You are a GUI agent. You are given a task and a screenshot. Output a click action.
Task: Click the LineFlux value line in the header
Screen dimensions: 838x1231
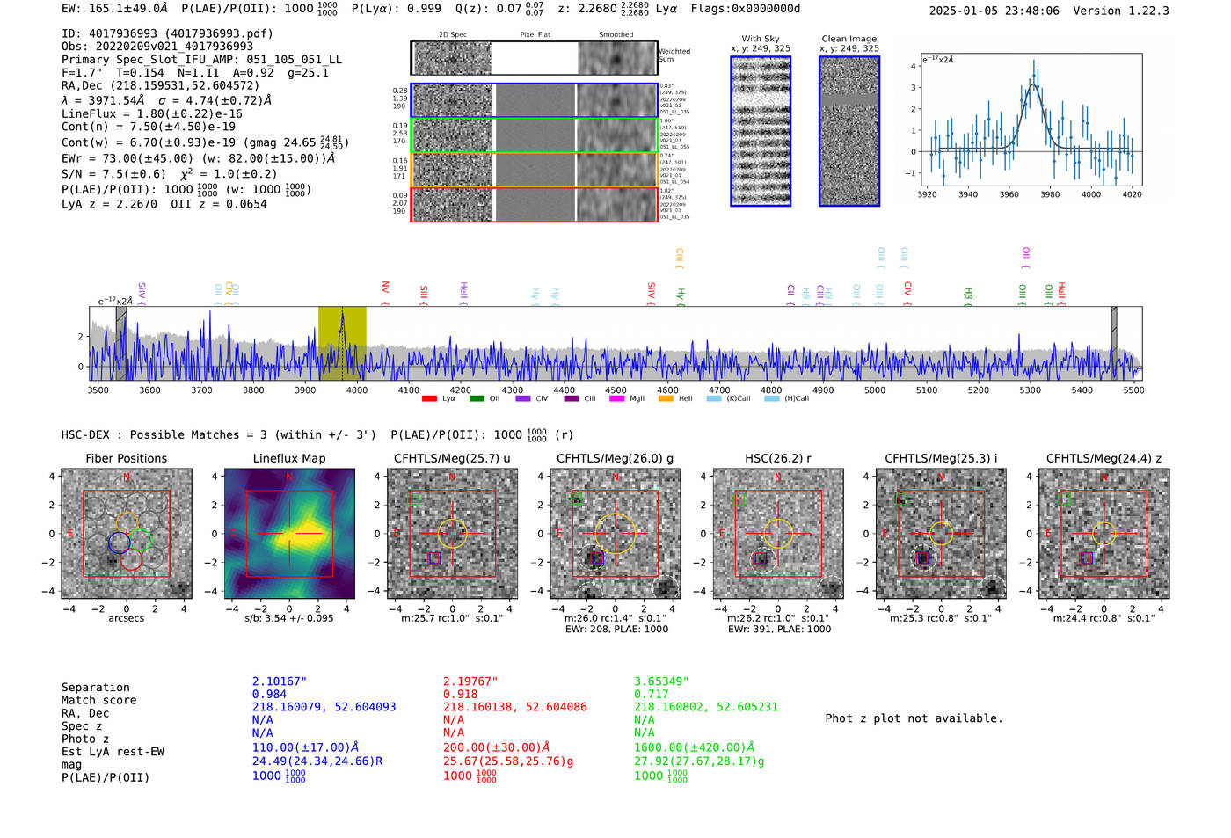(x=151, y=113)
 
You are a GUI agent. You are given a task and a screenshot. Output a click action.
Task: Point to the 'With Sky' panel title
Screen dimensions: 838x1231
(x=760, y=39)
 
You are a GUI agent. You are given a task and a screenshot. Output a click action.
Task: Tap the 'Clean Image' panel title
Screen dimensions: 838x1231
(x=849, y=39)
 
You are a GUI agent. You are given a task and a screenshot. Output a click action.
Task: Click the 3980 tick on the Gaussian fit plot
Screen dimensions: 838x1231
(x=1050, y=194)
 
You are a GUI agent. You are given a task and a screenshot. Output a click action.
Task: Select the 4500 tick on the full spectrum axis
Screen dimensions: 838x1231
(x=615, y=390)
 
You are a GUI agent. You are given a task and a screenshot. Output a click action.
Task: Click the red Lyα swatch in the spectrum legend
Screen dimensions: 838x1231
(x=429, y=399)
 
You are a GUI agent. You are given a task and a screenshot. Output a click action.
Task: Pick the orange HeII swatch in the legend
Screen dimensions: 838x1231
(x=666, y=399)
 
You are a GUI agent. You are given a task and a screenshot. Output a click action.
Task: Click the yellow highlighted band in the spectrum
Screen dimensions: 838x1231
(x=342, y=343)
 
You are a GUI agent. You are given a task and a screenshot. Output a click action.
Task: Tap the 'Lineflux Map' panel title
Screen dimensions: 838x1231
(x=288, y=458)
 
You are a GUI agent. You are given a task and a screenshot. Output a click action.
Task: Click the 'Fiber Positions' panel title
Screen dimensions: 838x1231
(x=126, y=458)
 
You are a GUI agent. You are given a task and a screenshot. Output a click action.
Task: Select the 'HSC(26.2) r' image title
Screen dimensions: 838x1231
(x=777, y=458)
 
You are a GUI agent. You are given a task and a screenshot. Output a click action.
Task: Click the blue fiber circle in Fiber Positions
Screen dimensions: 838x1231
(x=120, y=543)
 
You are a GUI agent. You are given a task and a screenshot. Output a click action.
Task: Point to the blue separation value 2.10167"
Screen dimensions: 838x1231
(x=279, y=681)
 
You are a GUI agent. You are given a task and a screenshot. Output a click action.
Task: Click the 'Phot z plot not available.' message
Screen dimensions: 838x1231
(x=914, y=718)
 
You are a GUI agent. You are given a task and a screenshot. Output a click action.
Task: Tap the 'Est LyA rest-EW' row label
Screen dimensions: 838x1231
(x=113, y=752)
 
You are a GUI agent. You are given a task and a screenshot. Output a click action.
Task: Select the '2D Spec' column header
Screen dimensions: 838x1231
(x=452, y=35)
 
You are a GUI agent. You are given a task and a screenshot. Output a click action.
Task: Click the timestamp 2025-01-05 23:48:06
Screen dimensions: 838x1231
(x=994, y=11)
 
